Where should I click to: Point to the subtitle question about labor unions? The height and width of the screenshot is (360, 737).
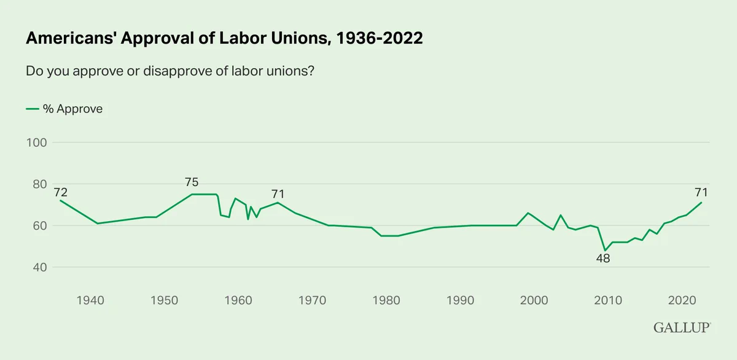click(170, 71)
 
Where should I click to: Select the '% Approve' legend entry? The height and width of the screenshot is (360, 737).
click(64, 109)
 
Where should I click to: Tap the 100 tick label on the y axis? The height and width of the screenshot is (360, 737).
click(36, 143)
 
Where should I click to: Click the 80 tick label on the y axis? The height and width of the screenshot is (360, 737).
click(40, 184)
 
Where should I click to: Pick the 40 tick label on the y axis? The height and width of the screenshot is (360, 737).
click(40, 267)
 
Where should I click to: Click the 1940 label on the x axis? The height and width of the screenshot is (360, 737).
click(90, 300)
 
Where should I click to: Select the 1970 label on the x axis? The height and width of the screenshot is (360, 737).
click(312, 300)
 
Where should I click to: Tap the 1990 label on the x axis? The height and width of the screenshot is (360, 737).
click(460, 300)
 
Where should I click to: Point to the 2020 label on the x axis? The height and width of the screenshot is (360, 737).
click(682, 300)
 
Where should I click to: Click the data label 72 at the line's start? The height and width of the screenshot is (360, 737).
click(61, 192)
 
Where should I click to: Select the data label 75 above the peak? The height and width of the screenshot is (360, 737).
click(192, 182)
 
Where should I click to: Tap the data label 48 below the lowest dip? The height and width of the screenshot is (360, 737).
click(603, 259)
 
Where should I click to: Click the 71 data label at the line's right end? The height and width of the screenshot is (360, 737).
click(701, 192)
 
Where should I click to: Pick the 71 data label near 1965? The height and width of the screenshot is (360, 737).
click(278, 194)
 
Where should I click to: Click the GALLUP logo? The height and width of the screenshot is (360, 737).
click(682, 328)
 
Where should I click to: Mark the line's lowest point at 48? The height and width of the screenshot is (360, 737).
click(605, 251)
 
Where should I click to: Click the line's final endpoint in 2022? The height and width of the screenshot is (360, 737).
click(701, 202)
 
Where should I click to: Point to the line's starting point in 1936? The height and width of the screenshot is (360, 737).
click(60, 200)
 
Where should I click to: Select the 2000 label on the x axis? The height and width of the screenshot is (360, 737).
click(534, 300)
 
